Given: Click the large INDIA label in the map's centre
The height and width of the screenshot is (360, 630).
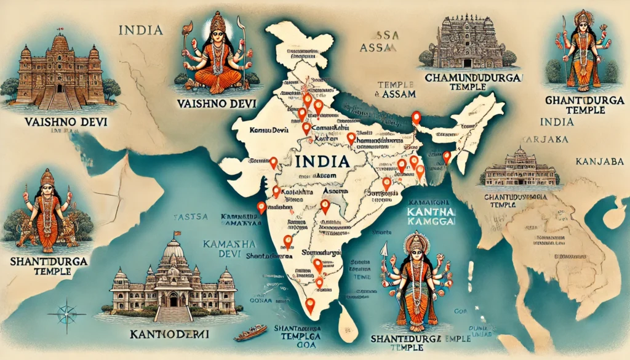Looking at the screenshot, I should [322, 162].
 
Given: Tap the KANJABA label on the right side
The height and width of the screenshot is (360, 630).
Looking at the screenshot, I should [596, 161].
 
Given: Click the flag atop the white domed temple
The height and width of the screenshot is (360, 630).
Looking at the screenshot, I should [178, 233].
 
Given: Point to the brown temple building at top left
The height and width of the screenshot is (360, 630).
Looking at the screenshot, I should [60, 73].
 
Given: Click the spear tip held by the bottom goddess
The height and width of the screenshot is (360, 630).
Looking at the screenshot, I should [381, 248].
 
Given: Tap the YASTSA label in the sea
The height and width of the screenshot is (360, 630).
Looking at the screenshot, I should [186, 217].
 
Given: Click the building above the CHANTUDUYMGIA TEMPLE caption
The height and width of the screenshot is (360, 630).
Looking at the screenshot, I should [520, 169].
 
